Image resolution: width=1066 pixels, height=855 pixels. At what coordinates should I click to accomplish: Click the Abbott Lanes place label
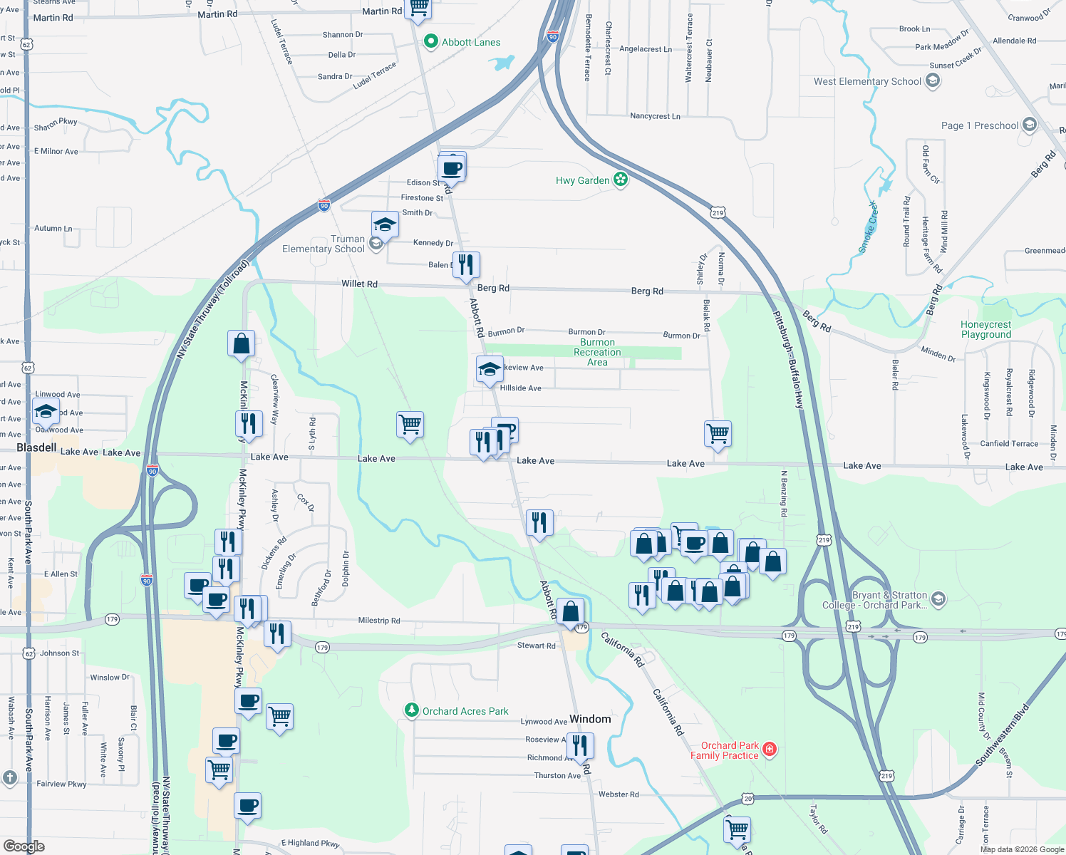click(x=470, y=42)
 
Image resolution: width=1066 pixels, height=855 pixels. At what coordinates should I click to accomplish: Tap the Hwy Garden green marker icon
click(x=621, y=180)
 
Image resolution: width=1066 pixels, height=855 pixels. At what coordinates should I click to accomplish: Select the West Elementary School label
click(x=867, y=81)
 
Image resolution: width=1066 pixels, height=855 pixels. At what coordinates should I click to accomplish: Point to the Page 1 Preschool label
click(x=979, y=125)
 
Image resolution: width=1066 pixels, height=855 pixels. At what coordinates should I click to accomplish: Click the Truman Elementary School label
click(x=324, y=244)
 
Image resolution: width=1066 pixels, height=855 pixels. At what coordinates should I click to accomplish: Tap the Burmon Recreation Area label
click(x=597, y=352)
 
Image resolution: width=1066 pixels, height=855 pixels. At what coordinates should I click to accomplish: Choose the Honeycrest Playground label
click(x=985, y=329)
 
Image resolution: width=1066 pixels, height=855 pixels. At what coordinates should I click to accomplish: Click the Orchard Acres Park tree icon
click(x=411, y=710)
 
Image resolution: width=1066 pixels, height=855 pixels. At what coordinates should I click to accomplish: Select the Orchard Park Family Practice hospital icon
click(x=769, y=749)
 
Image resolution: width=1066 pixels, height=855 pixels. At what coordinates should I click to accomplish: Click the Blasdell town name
click(x=36, y=447)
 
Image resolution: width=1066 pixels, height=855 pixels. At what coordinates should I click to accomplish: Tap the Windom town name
click(x=590, y=719)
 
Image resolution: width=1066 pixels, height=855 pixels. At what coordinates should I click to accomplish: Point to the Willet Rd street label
click(x=359, y=284)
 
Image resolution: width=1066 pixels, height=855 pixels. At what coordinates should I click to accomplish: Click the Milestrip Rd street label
click(x=378, y=621)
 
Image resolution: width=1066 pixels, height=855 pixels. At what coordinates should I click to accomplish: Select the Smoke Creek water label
click(x=868, y=227)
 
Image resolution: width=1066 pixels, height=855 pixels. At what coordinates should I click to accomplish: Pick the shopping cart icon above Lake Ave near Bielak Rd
click(x=718, y=432)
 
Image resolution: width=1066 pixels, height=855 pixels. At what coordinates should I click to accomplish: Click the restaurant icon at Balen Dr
click(x=466, y=264)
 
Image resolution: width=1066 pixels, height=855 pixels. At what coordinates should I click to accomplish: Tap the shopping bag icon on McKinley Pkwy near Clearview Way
click(x=242, y=343)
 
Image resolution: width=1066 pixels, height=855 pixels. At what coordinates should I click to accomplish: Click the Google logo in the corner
click(x=24, y=846)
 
